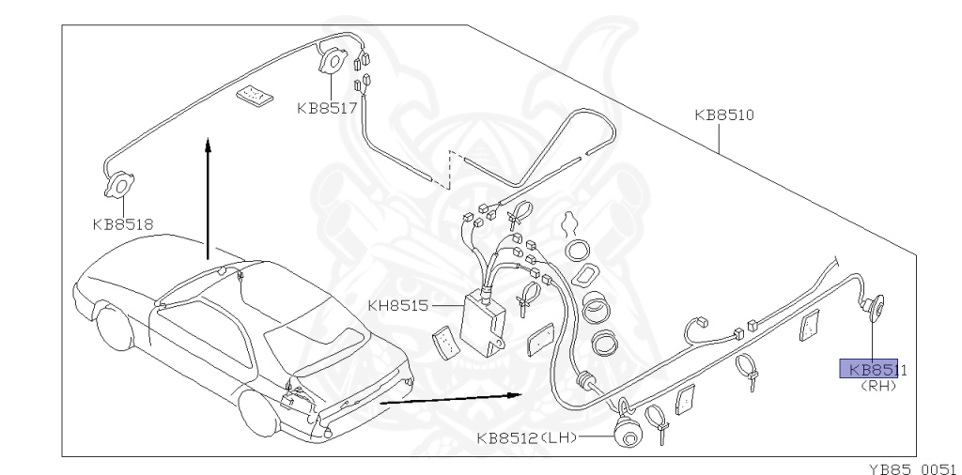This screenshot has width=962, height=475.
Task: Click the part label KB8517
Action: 327,108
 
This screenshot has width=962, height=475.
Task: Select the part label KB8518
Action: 122,224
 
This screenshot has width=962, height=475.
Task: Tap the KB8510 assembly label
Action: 724,116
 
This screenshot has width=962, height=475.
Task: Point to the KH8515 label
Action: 397,304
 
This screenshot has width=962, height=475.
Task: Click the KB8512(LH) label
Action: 526,437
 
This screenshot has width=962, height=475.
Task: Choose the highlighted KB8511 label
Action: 872,369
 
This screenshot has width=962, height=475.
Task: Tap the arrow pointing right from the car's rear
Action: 451,398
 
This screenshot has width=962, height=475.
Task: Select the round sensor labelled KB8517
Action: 333,62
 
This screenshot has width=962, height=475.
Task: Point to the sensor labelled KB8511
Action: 874,305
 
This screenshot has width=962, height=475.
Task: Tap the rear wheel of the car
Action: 259,414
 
